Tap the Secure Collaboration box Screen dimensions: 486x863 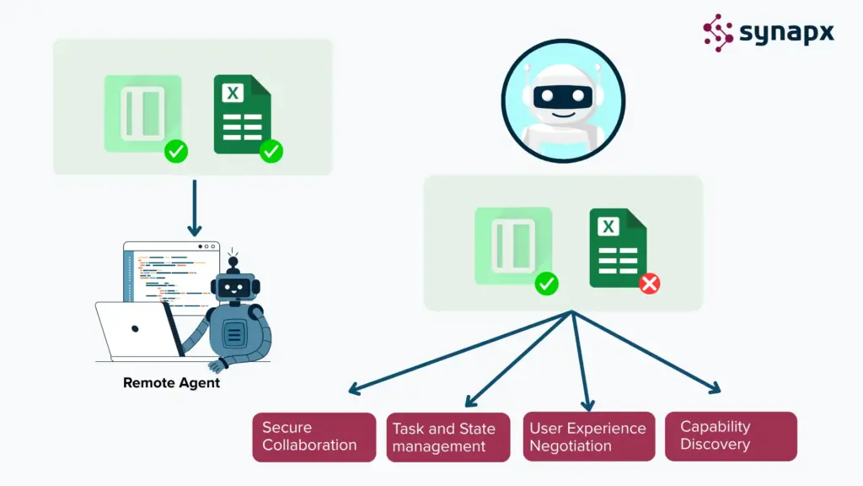[x=314, y=436]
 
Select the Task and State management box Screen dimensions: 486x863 [x=448, y=437]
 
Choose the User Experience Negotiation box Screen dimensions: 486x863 [x=588, y=437]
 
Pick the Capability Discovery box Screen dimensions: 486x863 [x=730, y=435]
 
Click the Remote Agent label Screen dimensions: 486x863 [x=171, y=383]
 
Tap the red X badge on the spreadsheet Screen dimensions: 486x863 [x=649, y=284]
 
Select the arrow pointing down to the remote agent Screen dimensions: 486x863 [x=195, y=207]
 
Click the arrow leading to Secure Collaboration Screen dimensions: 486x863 [x=455, y=352]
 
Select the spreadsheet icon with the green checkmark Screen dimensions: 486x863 [x=242, y=115]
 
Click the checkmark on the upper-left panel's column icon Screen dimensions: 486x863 [x=176, y=152]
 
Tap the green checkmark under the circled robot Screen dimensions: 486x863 [x=547, y=284]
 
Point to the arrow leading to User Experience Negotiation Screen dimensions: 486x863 [x=582, y=363]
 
